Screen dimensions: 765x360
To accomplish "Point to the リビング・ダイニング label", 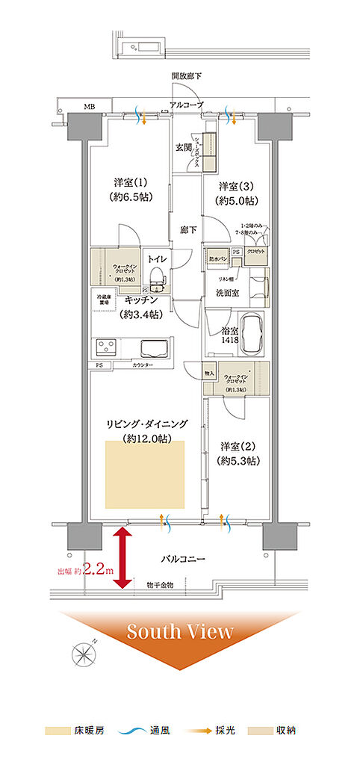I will [146, 424].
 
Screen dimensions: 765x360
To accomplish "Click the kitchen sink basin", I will [155, 349].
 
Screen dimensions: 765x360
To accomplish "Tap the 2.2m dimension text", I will [97, 570].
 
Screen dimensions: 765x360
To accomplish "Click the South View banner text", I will [179, 632].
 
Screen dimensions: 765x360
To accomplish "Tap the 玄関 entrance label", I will [184, 147].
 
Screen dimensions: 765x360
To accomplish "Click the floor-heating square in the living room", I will [145, 474].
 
